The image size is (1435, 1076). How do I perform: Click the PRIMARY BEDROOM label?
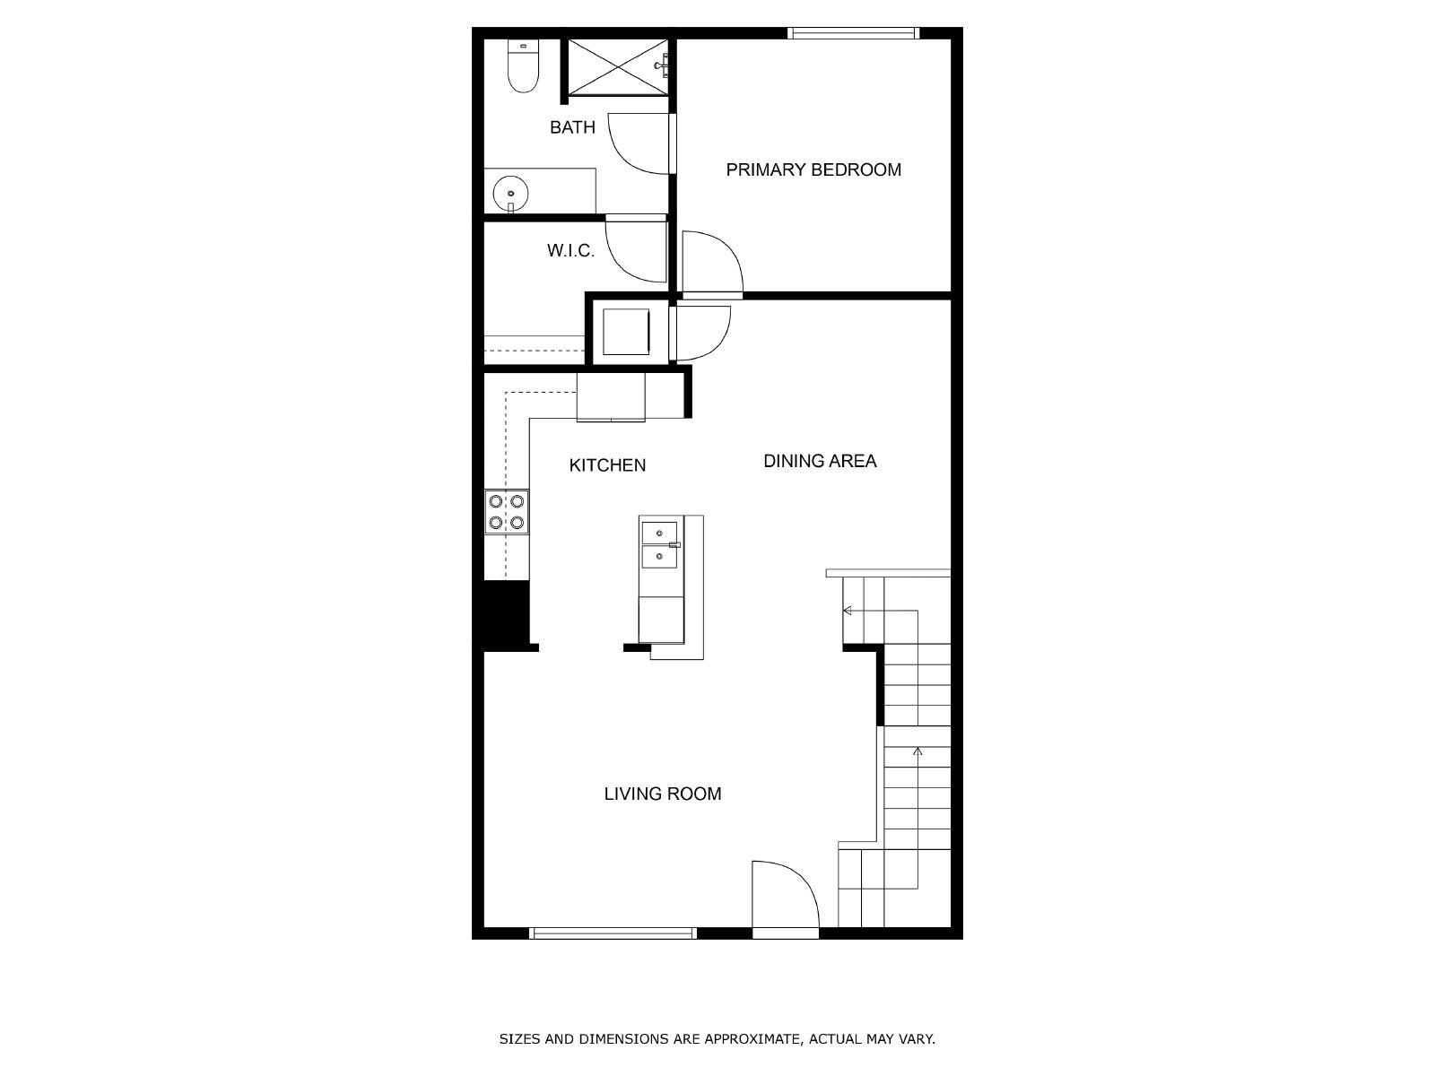[813, 169]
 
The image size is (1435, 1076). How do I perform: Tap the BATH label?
[572, 127]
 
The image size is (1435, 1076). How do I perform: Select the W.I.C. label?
[570, 250]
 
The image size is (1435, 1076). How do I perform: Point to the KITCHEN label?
[607, 465]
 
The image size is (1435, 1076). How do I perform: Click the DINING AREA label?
[820, 461]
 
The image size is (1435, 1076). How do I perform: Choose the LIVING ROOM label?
[662, 794]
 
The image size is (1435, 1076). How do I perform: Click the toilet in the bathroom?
[523, 65]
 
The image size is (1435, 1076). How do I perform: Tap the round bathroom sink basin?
[510, 194]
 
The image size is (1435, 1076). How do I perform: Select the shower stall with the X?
[618, 67]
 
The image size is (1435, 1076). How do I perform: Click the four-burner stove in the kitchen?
[507, 512]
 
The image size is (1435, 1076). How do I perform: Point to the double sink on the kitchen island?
[659, 545]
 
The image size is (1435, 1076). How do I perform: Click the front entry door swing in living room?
[785, 894]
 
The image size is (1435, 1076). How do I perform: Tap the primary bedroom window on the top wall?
[853, 33]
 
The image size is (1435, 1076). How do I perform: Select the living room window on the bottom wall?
[613, 933]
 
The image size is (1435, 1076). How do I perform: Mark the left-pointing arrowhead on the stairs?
[848, 611]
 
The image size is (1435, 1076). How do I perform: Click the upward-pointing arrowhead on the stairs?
[918, 752]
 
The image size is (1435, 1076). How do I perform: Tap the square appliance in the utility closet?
[626, 332]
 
